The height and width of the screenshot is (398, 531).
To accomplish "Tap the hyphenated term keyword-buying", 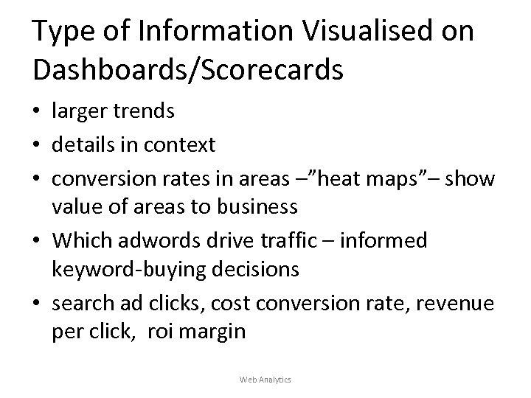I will pos(130,270).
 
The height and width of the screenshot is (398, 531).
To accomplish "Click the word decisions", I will pos(256,270).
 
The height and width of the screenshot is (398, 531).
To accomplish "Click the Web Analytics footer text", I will pos(265,379).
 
